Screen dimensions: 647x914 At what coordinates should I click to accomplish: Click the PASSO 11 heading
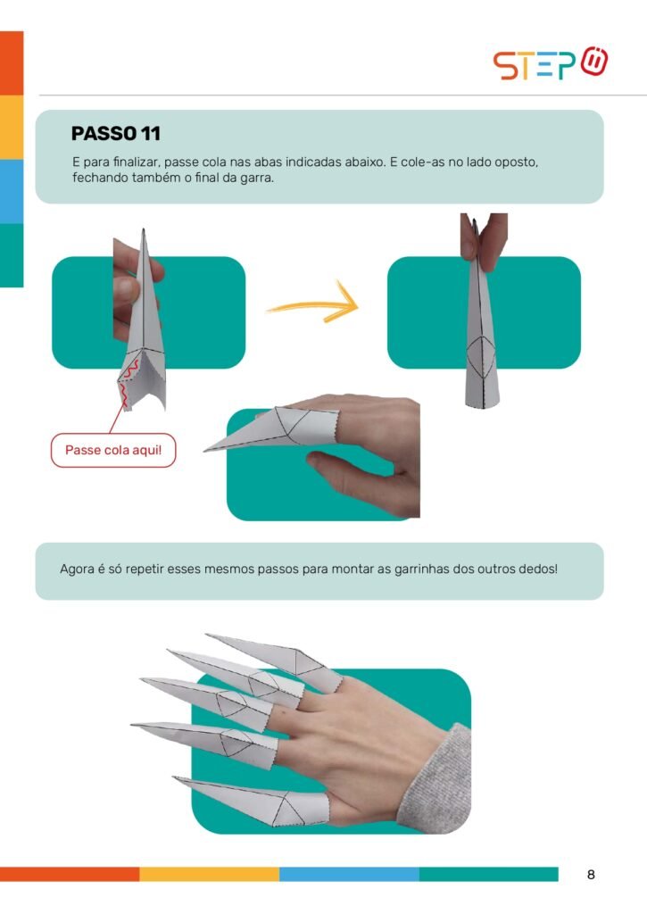click(115, 134)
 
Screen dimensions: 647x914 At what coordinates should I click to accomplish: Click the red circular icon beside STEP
click(594, 62)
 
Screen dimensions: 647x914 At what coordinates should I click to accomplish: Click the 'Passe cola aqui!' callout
click(113, 450)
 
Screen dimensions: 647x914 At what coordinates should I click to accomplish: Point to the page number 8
click(591, 875)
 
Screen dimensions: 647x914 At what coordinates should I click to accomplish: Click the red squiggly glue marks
click(128, 382)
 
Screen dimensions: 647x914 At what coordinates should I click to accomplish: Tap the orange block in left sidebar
click(12, 63)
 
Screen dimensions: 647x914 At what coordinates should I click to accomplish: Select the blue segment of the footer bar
click(349, 874)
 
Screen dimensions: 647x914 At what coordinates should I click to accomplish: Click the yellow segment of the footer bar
click(209, 874)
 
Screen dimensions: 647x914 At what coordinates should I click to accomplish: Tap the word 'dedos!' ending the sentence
click(540, 569)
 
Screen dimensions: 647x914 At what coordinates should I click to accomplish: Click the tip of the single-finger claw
click(204, 451)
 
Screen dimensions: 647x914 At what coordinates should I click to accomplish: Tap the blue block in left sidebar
click(12, 191)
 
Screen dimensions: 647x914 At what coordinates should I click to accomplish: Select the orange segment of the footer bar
click(70, 874)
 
